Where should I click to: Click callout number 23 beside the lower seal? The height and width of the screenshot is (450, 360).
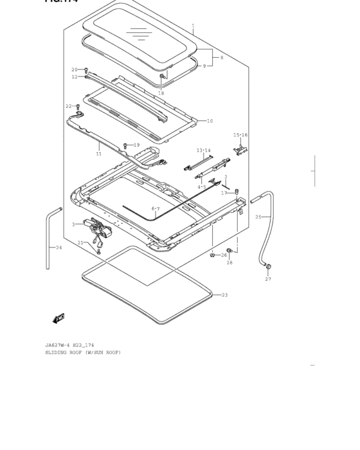point(224,295)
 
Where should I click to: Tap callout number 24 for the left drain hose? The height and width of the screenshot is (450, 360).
point(59,247)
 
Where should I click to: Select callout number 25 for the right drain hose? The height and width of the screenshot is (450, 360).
point(258,217)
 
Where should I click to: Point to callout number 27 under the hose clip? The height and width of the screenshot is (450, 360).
point(268,279)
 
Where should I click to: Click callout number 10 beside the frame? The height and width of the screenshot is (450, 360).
point(210,121)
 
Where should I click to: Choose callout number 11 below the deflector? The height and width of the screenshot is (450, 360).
point(98,154)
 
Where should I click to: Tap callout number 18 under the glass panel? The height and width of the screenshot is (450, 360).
point(161,94)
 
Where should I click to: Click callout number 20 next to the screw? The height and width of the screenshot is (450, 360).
point(74,69)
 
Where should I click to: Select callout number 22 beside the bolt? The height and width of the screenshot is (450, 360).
point(68,106)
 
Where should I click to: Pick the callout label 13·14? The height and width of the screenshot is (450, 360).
point(203,150)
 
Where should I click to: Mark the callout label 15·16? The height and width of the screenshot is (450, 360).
point(240,135)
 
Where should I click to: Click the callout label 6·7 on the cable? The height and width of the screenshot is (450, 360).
point(156,209)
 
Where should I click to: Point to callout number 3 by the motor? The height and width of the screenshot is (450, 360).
point(73,224)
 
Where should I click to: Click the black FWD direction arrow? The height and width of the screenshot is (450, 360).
point(59,318)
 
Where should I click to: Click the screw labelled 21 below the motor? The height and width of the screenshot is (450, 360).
point(98,251)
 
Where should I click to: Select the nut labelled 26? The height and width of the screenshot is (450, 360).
point(213,255)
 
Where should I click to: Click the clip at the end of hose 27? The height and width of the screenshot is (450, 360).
point(268,267)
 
